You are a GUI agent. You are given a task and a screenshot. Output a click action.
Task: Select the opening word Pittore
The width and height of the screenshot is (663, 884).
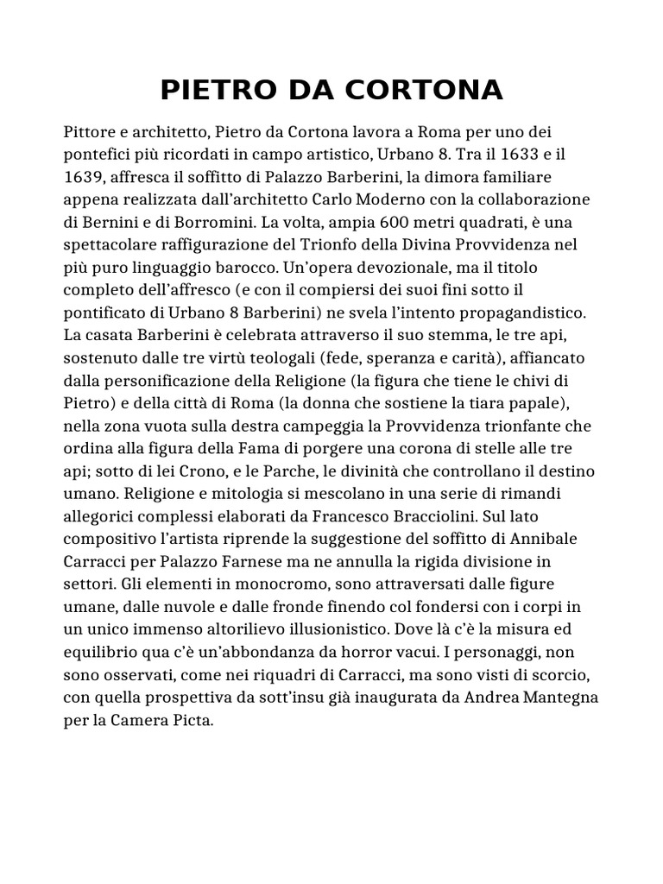click(92, 133)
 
